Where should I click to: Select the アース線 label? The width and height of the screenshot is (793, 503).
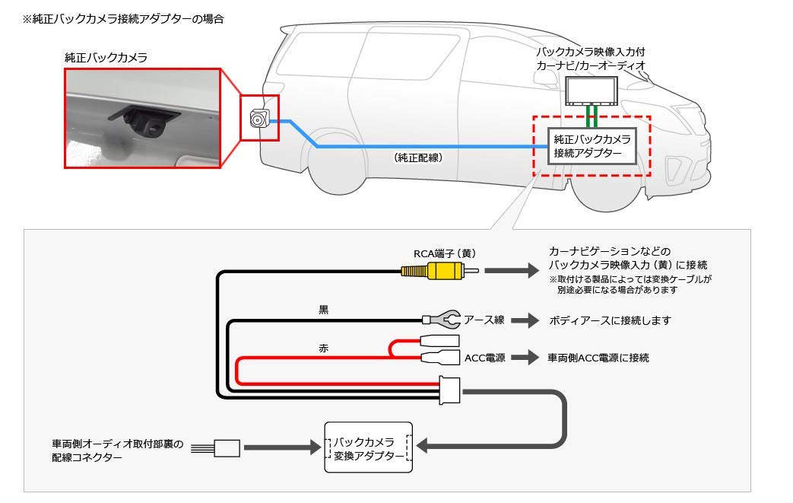click(484, 320)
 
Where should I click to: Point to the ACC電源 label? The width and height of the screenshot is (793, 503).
click(485, 357)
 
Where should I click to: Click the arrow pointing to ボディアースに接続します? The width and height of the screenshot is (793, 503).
click(524, 320)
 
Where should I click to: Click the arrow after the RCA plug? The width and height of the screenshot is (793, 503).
click(509, 270)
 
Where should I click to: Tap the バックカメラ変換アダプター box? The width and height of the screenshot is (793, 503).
click(368, 447)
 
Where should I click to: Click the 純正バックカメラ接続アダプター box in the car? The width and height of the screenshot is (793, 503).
click(592, 145)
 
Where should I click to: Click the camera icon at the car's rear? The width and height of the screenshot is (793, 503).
click(259, 119)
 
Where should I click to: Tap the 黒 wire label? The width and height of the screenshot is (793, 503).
click(323, 310)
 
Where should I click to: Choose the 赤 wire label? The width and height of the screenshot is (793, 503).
click(323, 346)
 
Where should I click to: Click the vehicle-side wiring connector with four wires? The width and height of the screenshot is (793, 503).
click(226, 447)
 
